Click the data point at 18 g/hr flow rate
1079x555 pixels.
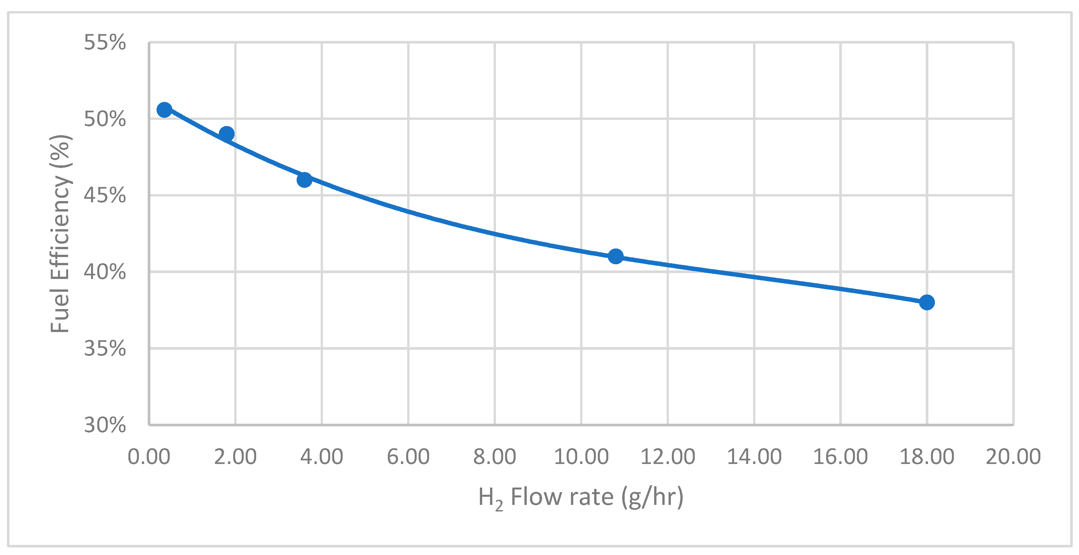(927, 302)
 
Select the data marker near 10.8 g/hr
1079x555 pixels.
(615, 256)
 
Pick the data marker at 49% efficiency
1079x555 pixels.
(227, 134)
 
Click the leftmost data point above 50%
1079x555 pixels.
(164, 110)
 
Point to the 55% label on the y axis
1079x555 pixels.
(105, 42)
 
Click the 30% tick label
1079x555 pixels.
(105, 425)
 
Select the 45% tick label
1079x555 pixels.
(105, 195)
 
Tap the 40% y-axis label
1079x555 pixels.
(105, 272)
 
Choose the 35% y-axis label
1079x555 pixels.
(105, 349)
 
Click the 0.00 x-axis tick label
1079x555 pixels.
(149, 457)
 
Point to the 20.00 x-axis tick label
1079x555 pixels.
(1013, 457)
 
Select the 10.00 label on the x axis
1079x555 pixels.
(581, 457)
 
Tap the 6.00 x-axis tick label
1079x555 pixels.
(408, 457)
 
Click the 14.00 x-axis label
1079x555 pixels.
(754, 457)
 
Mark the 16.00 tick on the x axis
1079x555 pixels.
(840, 457)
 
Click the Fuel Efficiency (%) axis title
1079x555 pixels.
(60, 233)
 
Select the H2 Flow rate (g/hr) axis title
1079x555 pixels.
(580, 498)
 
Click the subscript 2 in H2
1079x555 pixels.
(499, 506)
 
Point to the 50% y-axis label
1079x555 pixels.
(105, 119)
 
